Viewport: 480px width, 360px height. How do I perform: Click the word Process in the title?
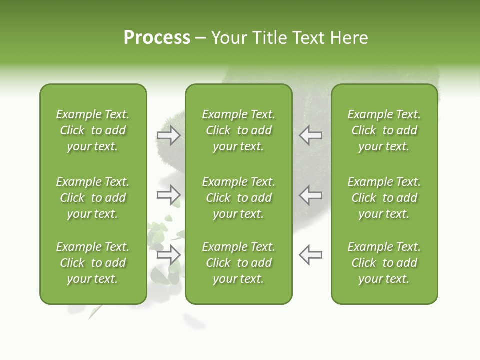pos(157,38)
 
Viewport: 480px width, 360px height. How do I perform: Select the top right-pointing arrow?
pos(169,135)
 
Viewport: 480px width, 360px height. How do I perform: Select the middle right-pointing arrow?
pos(169,194)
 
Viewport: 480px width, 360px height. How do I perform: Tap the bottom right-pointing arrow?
pos(169,255)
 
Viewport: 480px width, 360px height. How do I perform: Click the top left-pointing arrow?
pos(310,135)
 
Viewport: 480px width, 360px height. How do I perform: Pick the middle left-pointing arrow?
pos(310,194)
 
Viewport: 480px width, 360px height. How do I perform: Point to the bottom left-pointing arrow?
pos(310,255)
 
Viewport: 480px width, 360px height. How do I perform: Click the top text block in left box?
pos(93,130)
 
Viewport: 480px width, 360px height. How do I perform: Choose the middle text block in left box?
pos(93,198)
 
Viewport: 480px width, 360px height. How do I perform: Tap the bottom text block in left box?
pos(93,263)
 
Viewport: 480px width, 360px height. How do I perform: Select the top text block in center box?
pos(238,130)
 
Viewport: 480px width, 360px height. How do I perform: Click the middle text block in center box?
pos(238,198)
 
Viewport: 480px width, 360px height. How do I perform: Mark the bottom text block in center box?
pos(238,263)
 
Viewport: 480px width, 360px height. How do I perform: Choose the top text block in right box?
pos(384,130)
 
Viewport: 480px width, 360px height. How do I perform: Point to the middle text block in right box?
pos(384,198)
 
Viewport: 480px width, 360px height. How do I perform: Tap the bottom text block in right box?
pos(384,263)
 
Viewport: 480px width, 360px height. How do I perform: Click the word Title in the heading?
pos(270,38)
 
